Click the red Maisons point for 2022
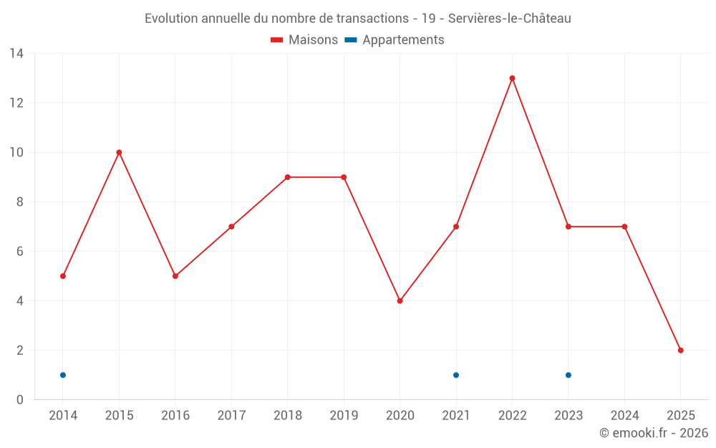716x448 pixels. coord(512,78)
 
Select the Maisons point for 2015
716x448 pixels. coord(119,152)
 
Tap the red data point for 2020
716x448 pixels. coord(400,301)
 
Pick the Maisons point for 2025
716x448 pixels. coord(681,351)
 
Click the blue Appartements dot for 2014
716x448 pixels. coord(63,375)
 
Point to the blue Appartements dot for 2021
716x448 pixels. coord(456,375)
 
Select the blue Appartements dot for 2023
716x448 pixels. coord(569,375)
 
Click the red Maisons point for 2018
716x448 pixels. coord(287,177)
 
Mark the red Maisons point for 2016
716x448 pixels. coord(175,276)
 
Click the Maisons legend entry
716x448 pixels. coord(304,40)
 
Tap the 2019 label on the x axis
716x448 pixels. coord(344,416)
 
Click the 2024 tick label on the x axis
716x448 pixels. coord(624,416)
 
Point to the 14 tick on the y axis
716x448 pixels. coord(16,54)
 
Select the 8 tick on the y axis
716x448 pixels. coord(20,202)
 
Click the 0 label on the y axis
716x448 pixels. coord(20,400)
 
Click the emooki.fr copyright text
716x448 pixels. coord(654,433)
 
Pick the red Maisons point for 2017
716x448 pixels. coord(231,227)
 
